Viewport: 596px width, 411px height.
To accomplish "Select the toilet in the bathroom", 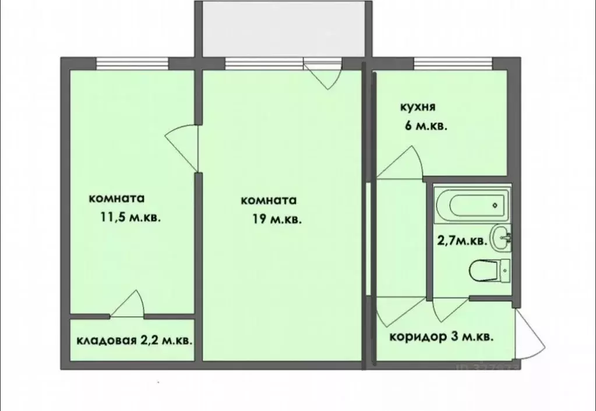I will [x=488, y=270].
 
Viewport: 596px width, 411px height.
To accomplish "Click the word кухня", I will [x=418, y=107].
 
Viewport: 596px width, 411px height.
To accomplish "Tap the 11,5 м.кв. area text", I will [x=131, y=218].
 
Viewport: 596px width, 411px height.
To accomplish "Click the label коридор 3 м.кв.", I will [x=442, y=337].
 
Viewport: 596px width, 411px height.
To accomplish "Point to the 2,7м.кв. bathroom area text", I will [x=463, y=240].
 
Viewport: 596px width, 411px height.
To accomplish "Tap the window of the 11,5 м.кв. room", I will [x=132, y=62].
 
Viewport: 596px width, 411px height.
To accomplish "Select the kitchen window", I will [x=452, y=62].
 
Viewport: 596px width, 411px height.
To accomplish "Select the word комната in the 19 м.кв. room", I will [x=269, y=200].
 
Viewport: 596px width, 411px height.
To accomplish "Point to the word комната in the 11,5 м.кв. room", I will [x=117, y=198].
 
